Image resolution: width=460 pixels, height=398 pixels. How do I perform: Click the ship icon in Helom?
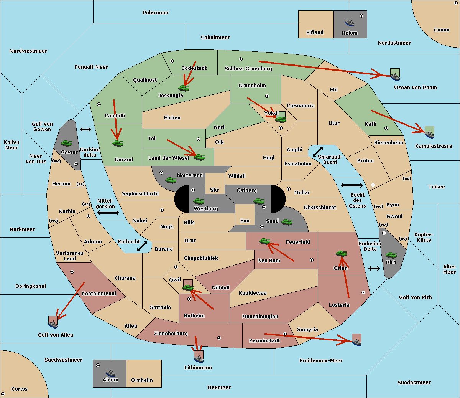coord(349,22)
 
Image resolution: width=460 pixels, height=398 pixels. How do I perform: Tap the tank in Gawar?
coord(67,143)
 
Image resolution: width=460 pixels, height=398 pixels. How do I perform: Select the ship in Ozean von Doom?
coord(395,77)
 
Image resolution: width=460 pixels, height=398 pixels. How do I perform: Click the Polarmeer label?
coord(156,13)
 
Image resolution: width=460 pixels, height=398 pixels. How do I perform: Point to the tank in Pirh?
coord(391,255)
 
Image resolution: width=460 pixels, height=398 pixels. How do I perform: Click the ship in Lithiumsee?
coord(199,359)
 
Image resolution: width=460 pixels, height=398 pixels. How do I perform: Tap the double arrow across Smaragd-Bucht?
coord(318,152)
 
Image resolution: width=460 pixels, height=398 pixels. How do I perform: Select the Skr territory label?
coord(214,190)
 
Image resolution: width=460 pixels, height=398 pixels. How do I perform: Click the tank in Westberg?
coord(199,201)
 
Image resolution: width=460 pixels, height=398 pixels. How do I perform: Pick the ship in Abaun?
coord(110,373)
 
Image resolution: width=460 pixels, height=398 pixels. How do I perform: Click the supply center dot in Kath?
coord(386,128)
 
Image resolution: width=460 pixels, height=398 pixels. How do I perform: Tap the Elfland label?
coord(315,33)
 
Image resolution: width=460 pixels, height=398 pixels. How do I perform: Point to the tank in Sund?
coord(287,222)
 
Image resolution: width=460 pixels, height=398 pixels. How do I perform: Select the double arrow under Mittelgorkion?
coord(108,213)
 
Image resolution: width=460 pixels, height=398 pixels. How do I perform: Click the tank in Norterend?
coord(171,180)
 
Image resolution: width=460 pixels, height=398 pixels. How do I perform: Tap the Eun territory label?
coord(245,220)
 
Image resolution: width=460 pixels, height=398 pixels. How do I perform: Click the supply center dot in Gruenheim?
coord(267,96)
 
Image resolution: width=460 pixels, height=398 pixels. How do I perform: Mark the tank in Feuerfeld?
coord(265,241)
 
